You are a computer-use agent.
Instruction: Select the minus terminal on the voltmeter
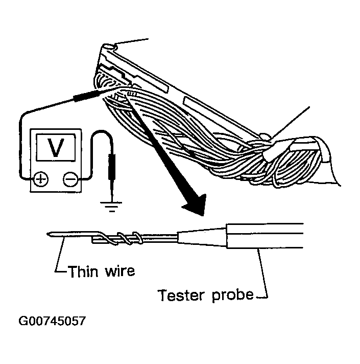[x=70, y=178]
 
